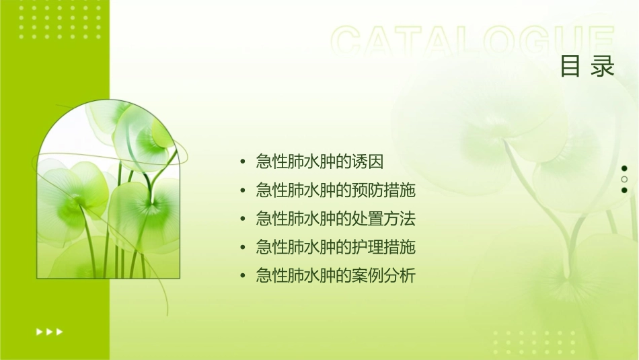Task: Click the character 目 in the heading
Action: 570,67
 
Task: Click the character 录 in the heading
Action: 603,67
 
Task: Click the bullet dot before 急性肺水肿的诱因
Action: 242,162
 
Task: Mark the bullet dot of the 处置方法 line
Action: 242,219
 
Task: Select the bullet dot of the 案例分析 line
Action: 242,276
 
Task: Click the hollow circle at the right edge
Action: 624,179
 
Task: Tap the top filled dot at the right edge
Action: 624,168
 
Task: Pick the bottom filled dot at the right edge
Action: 624,190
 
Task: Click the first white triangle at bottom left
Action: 39,331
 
